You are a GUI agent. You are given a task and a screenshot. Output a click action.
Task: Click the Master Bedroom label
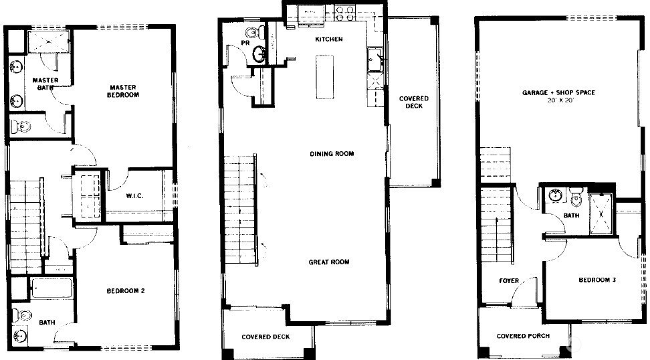tap(123, 91)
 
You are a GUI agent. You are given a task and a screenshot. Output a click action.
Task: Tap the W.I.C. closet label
tap(134, 196)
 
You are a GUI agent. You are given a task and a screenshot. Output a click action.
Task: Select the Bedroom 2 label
tap(126, 290)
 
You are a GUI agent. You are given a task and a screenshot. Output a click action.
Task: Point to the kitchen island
tap(324, 77)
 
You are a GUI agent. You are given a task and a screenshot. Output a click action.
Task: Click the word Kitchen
tap(329, 39)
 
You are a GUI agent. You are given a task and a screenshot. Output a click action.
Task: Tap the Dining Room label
tap(332, 153)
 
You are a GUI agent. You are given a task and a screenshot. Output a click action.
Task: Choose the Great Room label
tap(329, 262)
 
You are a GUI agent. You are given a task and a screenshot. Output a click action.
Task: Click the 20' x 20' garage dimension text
tap(559, 100)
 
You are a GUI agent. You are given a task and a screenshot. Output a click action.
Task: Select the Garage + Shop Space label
tap(558, 92)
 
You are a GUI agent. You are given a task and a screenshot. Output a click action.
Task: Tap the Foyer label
tap(509, 281)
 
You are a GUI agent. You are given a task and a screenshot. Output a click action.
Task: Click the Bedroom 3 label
tap(597, 280)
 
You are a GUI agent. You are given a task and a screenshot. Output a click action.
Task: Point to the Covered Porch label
tap(523, 336)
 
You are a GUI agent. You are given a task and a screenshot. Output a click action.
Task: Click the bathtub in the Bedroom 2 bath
tap(52, 288)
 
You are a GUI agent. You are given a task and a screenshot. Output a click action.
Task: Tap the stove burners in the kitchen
tap(345, 13)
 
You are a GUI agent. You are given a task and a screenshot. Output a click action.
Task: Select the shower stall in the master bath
tap(49, 41)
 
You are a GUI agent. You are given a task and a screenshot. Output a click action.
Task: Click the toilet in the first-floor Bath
tap(576, 197)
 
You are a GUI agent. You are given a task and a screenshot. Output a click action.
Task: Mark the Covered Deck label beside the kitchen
tap(414, 102)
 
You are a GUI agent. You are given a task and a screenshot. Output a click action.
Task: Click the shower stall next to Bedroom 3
tap(601, 213)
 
